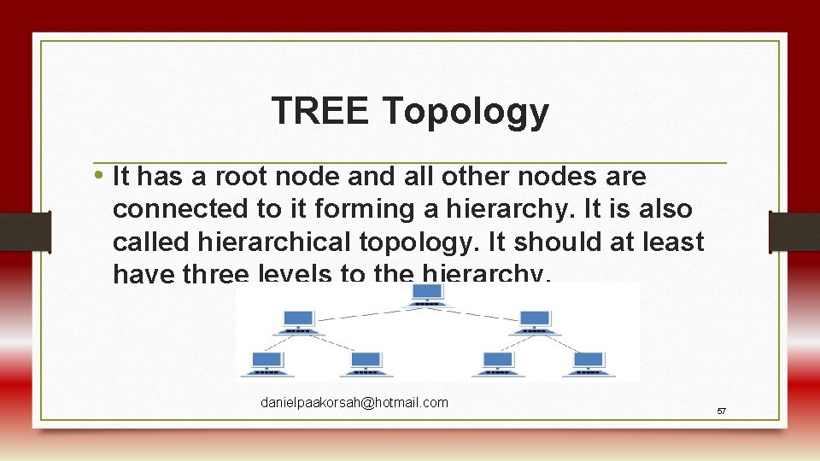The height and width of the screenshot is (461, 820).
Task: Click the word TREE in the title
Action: [321, 111]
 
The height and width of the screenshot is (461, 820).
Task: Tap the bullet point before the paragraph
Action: [100, 176]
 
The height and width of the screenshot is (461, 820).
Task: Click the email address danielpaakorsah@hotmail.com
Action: [354, 402]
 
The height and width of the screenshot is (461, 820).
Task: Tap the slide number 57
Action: [721, 411]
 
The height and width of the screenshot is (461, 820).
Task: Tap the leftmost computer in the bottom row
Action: [264, 364]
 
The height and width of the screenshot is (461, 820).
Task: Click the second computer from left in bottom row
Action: [366, 364]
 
